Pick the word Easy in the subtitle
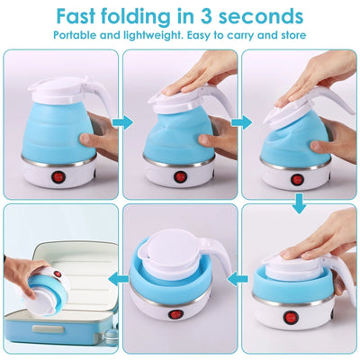tap(203, 35)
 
